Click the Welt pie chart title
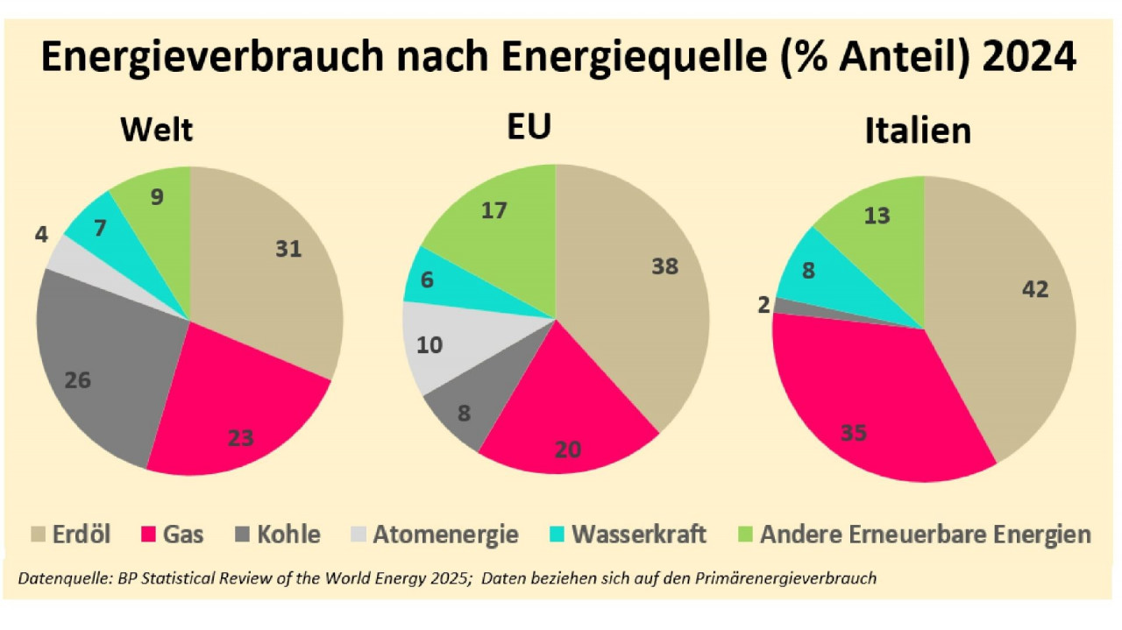157,130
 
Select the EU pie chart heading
529,128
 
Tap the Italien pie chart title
918,131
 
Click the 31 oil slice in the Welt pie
272,263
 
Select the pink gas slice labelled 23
237,421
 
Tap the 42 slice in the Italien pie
1008,315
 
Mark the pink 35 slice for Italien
868,412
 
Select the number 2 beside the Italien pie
763,304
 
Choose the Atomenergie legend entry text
445,534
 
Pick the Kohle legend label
288,534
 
